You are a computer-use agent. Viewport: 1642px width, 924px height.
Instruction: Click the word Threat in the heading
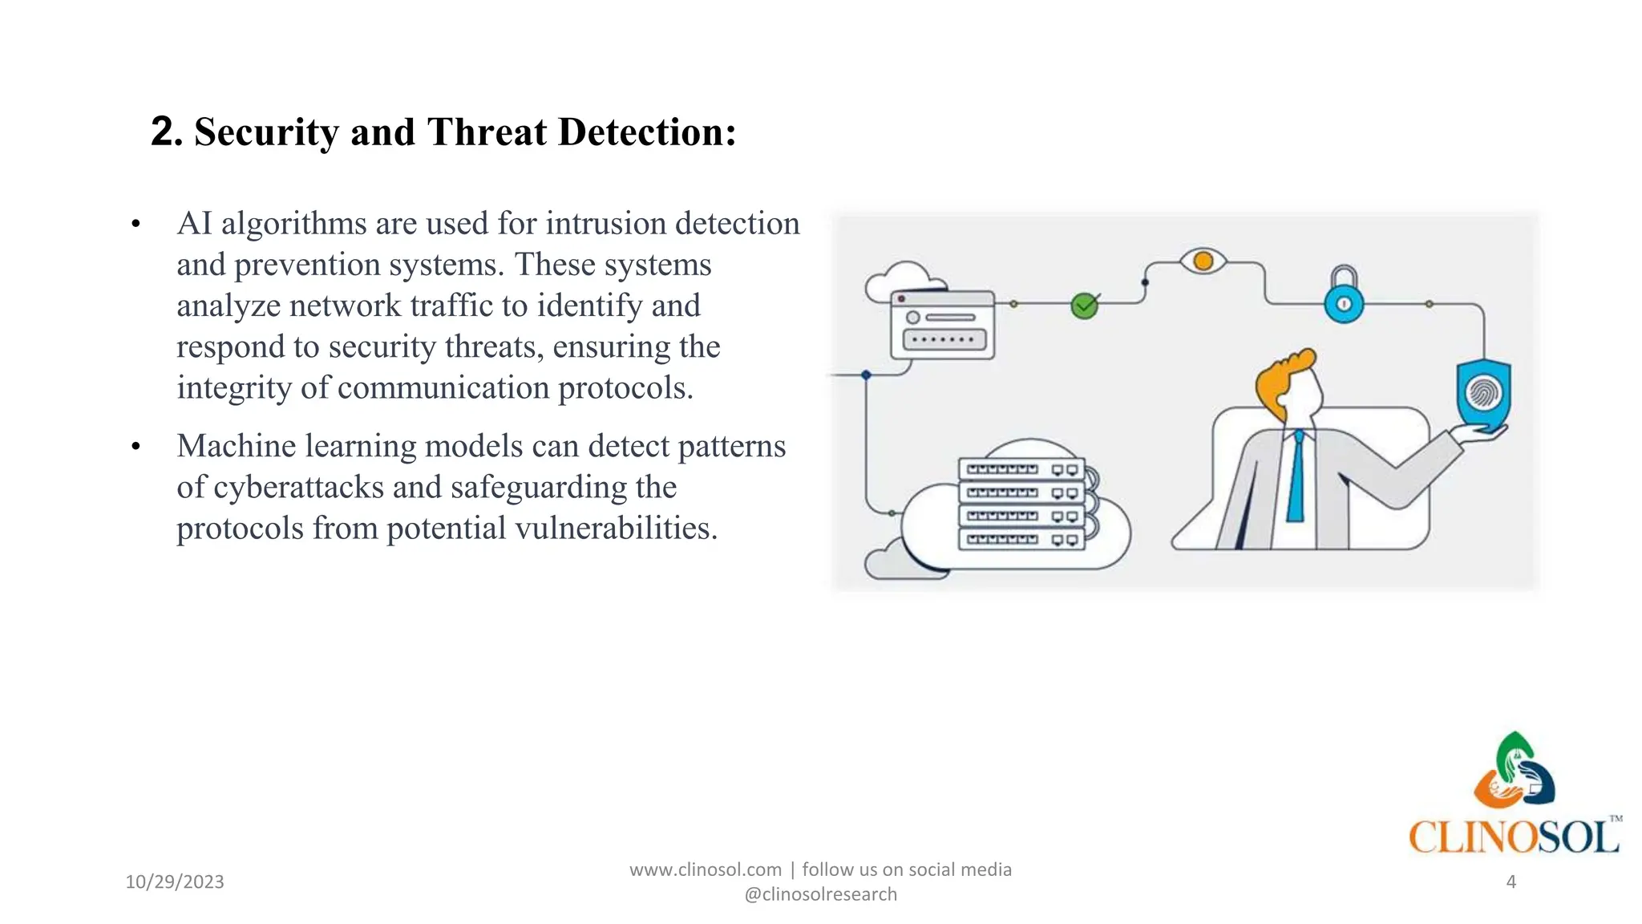coord(487,132)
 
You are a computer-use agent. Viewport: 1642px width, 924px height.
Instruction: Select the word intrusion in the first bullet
coord(605,224)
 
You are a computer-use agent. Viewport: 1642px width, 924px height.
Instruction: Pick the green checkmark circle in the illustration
coord(1084,306)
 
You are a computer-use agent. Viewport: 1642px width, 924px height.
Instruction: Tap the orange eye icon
coord(1203,261)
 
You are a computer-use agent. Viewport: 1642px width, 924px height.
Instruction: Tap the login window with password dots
coord(943,325)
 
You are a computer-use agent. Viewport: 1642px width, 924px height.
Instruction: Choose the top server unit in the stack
coord(1021,469)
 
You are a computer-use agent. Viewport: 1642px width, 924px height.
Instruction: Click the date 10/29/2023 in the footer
coord(175,882)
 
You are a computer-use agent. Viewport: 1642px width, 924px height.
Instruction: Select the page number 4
coord(1511,882)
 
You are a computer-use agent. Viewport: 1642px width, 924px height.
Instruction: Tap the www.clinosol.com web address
coord(705,870)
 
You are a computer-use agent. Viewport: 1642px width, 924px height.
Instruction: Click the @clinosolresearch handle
coord(820,895)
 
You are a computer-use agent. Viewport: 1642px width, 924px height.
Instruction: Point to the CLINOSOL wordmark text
coord(1514,837)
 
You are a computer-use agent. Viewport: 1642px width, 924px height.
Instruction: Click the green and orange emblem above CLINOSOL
coord(1514,770)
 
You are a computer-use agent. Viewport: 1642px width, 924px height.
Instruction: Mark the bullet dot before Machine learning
coord(135,447)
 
